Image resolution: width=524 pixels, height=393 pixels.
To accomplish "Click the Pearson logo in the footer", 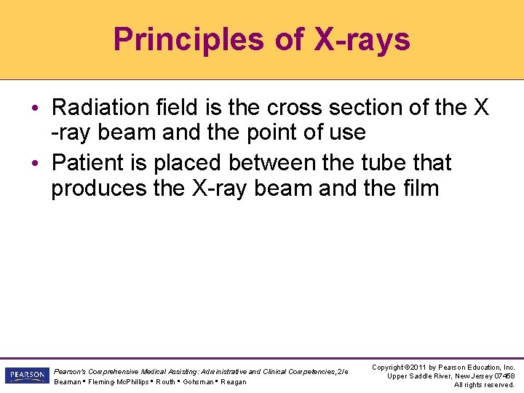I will [26, 376].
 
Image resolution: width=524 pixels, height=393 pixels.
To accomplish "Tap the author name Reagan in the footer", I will [233, 382].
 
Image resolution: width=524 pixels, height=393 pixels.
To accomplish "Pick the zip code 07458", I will [502, 376].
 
